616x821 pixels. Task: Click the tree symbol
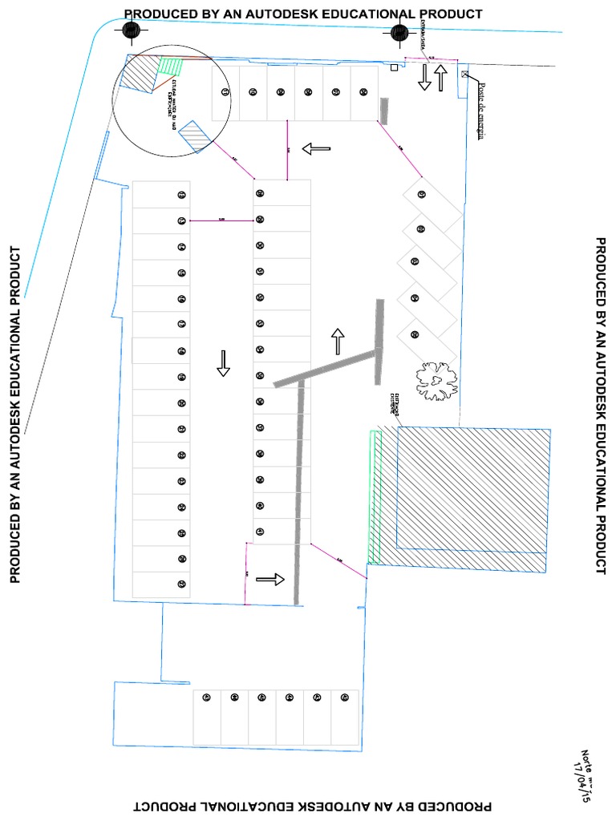tap(436, 380)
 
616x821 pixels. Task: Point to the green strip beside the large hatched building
tap(373, 497)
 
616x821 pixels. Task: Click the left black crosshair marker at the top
tap(131, 30)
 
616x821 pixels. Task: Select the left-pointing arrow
tap(316, 148)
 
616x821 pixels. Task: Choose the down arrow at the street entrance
tap(425, 78)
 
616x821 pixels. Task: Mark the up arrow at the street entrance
tap(440, 78)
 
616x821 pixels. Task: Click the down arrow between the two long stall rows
tap(224, 363)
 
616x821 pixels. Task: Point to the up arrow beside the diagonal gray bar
tap(338, 341)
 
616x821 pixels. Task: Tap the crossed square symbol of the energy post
tap(464, 75)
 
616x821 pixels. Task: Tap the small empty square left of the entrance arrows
tap(393, 69)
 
